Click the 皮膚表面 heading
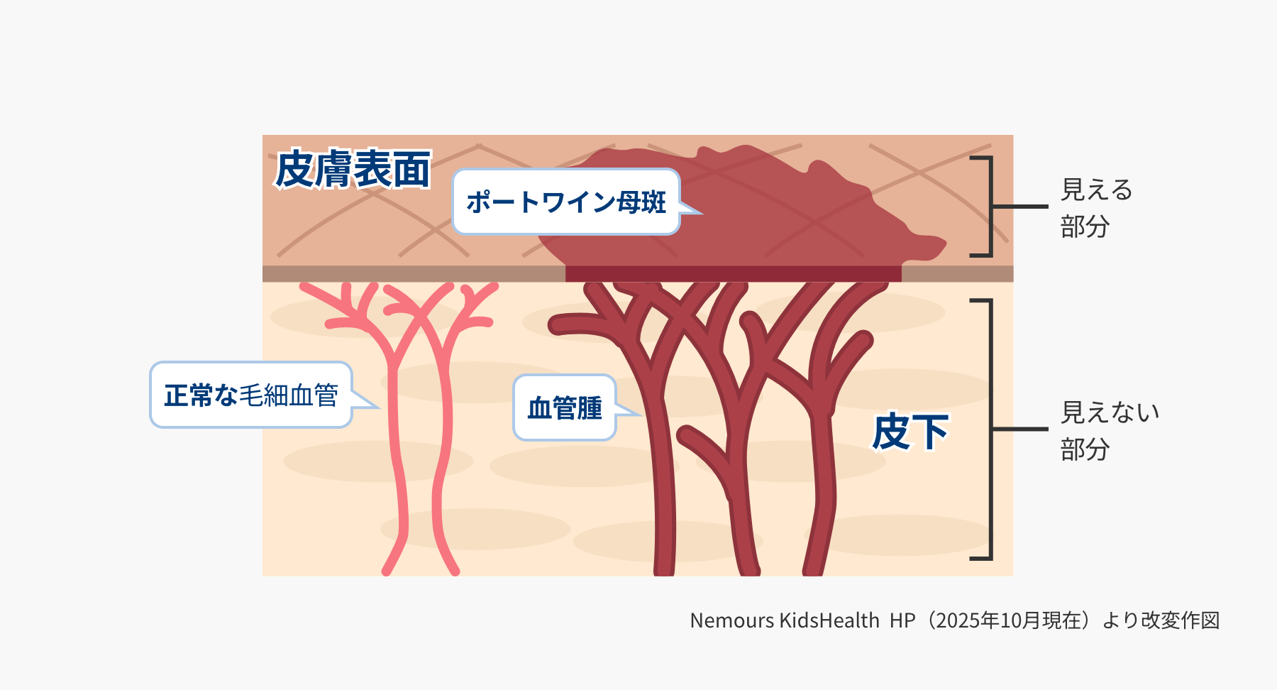pyautogui.click(x=353, y=169)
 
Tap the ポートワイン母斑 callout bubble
pyautogui.click(x=566, y=202)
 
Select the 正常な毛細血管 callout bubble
pyautogui.click(x=251, y=395)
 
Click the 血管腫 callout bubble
pyautogui.click(x=565, y=407)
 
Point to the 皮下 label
pyautogui.click(x=910, y=432)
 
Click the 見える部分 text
pyautogui.click(x=1096, y=208)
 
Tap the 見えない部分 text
pyautogui.click(x=1110, y=430)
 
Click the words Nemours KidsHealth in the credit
pyautogui.click(x=785, y=620)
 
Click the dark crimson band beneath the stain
pyautogui.click(x=733, y=274)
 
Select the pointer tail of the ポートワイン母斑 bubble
pyautogui.click(x=689, y=207)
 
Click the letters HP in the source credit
pyautogui.click(x=902, y=620)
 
